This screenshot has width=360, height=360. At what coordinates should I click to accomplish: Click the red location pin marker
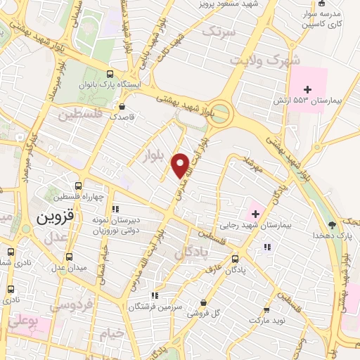point(180,165)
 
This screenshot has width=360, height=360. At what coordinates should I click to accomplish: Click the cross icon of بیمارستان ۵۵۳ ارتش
point(307,89)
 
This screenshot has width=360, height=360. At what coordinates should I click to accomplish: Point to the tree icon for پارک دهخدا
point(332,225)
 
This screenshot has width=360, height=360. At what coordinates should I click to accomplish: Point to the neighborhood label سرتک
point(216,31)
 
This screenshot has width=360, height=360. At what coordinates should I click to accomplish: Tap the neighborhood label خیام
point(112,333)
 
